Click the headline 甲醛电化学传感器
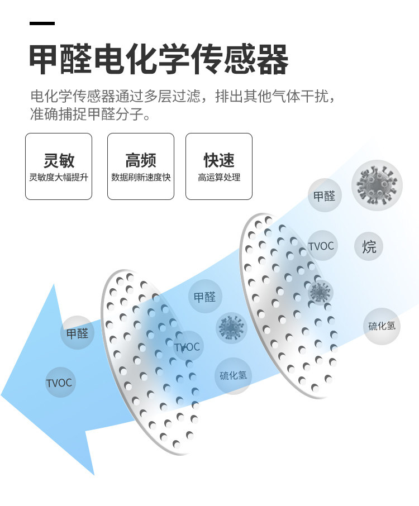[x=159, y=60]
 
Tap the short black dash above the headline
[x=42, y=23]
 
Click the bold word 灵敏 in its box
[x=59, y=160]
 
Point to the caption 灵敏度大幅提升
[x=59, y=178]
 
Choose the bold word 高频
[x=141, y=160]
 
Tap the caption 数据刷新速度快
[x=141, y=178]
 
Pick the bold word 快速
[x=219, y=160]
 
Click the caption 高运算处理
[x=219, y=178]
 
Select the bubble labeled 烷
[x=369, y=246]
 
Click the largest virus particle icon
[x=377, y=185]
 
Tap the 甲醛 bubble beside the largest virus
[x=324, y=195]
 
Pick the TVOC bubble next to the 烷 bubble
[x=321, y=246]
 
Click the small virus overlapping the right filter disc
[x=320, y=292]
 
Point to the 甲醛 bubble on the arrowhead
[x=77, y=333]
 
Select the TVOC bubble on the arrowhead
[x=59, y=383]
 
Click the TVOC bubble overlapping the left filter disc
[x=187, y=347]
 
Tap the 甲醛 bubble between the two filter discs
[x=204, y=297]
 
